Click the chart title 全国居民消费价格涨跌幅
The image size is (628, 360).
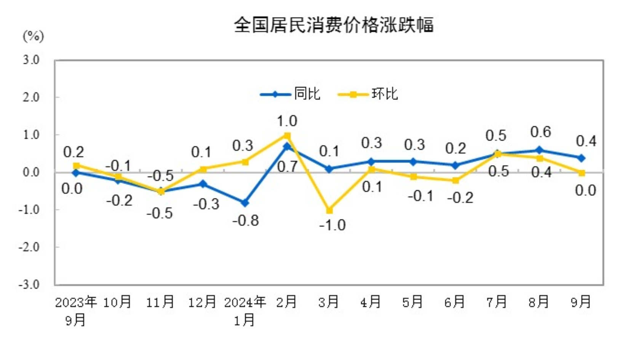pos(333,25)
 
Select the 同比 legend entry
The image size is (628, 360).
pos(307,94)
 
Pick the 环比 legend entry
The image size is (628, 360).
pos(384,94)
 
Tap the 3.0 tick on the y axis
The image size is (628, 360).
pos(31,60)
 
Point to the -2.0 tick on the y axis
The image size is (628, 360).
pos(29,247)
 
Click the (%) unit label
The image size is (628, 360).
pos(33,37)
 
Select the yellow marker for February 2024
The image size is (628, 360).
pos(288,136)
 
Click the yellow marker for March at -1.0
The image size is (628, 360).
pos(329,210)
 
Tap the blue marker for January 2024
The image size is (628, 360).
pos(245,203)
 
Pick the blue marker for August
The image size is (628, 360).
pos(539,150)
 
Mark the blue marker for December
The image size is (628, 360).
pos(203,184)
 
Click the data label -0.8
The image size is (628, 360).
pos(246,220)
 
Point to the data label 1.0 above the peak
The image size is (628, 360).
pos(287,121)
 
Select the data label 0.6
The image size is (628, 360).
pos(540,132)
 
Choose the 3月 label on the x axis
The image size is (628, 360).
pos(329,302)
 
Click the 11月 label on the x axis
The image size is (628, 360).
pos(160,302)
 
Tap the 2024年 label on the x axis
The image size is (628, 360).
pos(245,302)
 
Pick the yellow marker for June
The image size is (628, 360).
pos(455,180)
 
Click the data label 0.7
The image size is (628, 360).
pos(287,167)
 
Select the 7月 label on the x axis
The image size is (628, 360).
pos(497,302)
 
